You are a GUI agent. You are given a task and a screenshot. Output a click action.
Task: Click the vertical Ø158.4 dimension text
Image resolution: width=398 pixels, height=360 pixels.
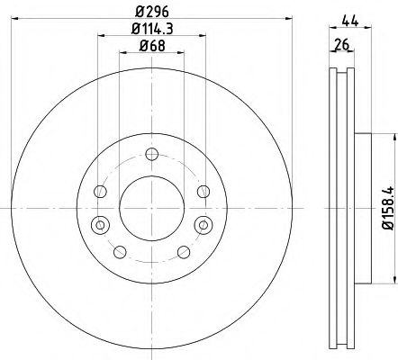(x=389, y=206)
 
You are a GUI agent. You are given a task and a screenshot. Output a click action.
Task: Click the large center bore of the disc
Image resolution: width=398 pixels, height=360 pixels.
(x=151, y=206)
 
